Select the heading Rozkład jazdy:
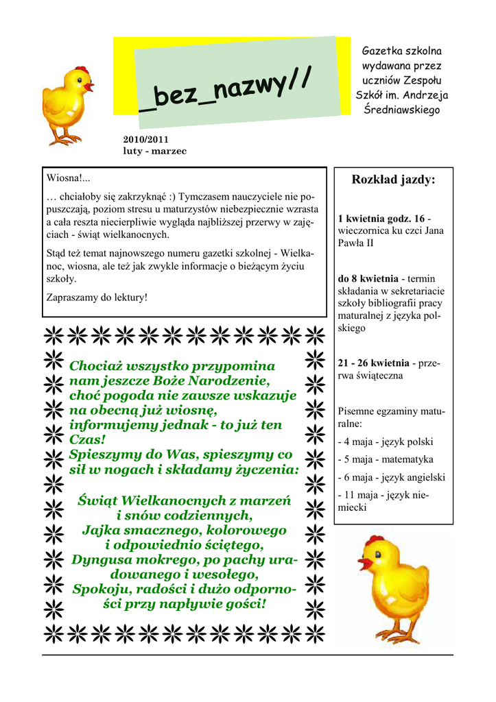[393, 180]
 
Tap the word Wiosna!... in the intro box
[69, 179]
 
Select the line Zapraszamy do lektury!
[96, 298]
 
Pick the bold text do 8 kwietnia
[368, 279]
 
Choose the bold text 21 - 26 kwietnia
[373, 363]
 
